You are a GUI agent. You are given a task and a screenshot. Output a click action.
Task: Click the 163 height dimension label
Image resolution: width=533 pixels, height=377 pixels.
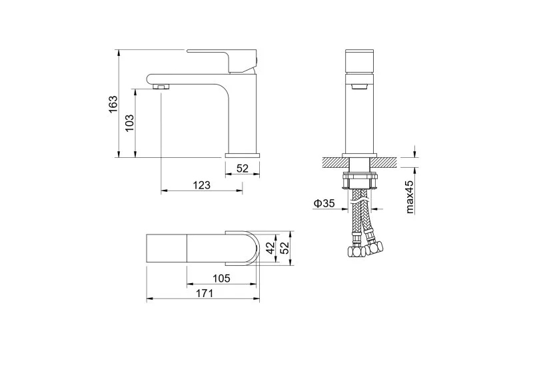coord(113,104)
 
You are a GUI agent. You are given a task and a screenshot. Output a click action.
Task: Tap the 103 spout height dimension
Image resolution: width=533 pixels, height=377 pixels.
coord(129,123)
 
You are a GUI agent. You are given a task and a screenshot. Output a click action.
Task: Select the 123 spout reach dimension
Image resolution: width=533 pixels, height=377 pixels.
coord(202,185)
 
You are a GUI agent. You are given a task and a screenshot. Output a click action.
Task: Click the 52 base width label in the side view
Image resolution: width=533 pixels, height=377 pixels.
coord(243,169)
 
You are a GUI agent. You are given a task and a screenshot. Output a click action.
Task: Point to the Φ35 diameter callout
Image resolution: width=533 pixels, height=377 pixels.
coord(324,203)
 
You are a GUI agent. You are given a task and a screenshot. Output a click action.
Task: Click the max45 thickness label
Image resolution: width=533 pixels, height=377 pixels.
coord(410,197)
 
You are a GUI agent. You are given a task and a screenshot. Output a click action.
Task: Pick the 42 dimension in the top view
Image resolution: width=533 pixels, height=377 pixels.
coord(270,248)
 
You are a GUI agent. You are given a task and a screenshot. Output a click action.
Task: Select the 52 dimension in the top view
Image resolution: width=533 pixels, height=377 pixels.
coord(284,248)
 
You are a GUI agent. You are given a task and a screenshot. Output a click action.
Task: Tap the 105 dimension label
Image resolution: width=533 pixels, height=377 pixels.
coord(221,278)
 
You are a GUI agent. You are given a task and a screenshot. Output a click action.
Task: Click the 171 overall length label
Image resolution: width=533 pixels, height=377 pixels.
coord(205,293)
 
